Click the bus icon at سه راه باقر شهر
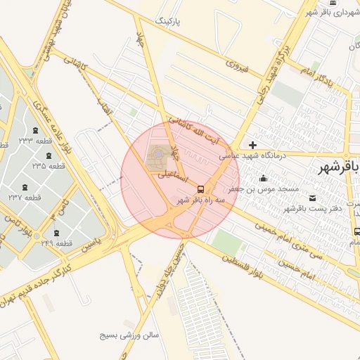[201, 189]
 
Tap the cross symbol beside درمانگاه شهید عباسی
[253, 145]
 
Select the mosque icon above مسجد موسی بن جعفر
[263, 178]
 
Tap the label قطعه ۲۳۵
[49, 166]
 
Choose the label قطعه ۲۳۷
[25, 198]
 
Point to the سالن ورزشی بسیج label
[131, 335]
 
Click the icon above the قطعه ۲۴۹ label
[56, 233]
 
